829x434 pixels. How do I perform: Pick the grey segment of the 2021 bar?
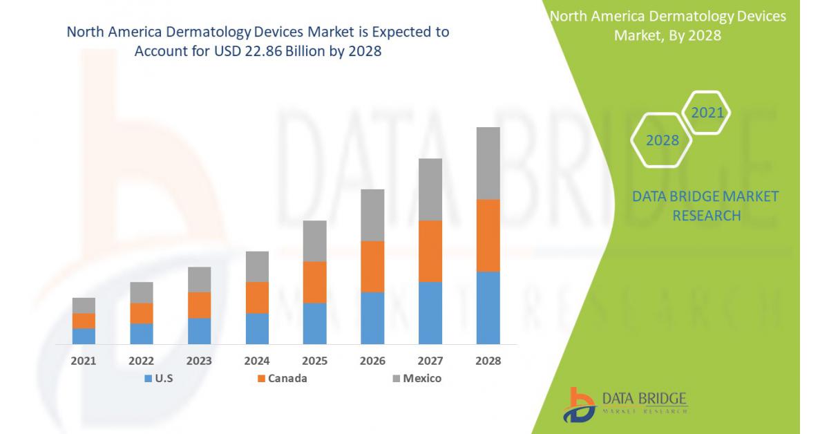(84, 305)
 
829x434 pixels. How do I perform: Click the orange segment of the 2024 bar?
(257, 297)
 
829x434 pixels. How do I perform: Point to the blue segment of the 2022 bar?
(142, 333)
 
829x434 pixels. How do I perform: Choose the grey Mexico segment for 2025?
(315, 240)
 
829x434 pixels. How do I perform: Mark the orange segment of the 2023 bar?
(199, 305)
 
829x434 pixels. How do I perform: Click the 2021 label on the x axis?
(84, 361)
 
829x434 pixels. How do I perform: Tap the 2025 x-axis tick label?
(315, 361)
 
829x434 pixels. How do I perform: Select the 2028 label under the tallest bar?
(488, 361)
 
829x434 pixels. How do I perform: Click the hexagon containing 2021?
(707, 113)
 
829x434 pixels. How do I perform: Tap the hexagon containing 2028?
(662, 140)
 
